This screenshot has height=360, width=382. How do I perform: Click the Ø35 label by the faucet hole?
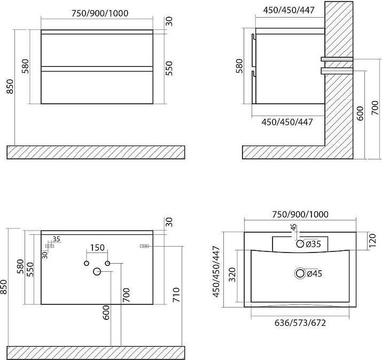coord(313,244)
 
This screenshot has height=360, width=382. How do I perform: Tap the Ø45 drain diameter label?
coord(315,274)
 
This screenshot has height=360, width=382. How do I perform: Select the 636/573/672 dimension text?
coord(300,323)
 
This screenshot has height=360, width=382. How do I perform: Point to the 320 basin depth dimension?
coord(233,274)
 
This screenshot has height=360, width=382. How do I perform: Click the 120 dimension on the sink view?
coord(372,241)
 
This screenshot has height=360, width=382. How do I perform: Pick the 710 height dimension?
coord(176,295)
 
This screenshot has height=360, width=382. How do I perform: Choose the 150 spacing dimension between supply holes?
coord(97,248)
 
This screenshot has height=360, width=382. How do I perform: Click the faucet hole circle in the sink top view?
coord(300,244)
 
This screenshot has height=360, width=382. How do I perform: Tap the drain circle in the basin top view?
coord(300,273)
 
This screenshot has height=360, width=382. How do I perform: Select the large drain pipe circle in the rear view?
coord(97,271)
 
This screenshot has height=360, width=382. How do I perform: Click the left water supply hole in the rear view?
coord(86,263)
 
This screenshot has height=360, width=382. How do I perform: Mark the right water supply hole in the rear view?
coord(107,263)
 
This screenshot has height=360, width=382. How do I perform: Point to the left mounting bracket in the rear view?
coord(50,246)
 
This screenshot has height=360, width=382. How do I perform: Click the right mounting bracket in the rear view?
coord(144,246)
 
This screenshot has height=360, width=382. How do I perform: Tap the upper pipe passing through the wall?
coord(337,59)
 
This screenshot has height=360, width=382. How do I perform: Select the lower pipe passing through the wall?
coord(337,71)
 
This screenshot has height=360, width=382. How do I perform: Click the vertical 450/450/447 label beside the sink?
coord(216,272)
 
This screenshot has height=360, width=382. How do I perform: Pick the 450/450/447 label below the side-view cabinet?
coord(287,122)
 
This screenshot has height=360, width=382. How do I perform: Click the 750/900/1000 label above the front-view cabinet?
coord(100,13)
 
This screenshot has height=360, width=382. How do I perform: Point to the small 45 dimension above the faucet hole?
coord(294,227)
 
